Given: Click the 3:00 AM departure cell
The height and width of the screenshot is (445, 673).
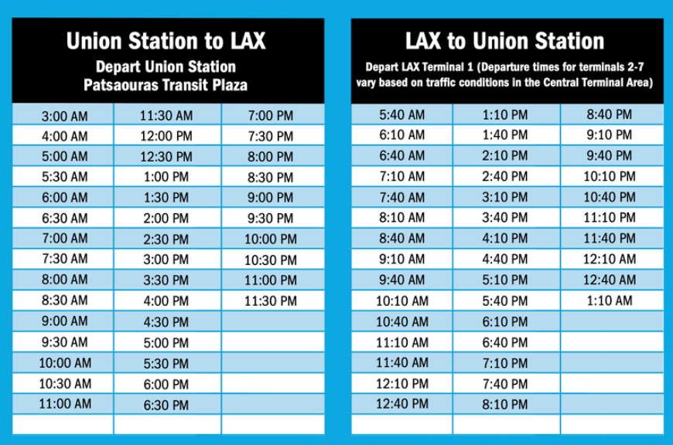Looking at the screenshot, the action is (x=64, y=116).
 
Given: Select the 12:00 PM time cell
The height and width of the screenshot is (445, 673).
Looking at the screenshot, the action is (x=166, y=136).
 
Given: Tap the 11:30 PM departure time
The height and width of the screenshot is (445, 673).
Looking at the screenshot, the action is (x=271, y=301).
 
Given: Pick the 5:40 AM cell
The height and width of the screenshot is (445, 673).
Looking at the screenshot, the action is (x=401, y=115).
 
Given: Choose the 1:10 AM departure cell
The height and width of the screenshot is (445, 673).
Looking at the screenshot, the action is (x=610, y=301).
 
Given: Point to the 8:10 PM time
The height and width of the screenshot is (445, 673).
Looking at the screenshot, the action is (x=504, y=404).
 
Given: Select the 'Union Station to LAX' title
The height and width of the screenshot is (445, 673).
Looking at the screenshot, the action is (x=166, y=41).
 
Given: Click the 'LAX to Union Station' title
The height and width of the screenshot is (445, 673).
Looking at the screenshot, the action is (x=504, y=41).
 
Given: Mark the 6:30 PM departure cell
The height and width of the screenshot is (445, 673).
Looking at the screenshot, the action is (x=166, y=405).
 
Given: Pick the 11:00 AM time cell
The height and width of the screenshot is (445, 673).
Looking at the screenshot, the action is (x=65, y=404).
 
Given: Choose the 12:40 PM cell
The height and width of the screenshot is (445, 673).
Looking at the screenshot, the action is (x=402, y=404).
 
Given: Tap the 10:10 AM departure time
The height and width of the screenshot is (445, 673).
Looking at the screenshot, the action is (x=402, y=301).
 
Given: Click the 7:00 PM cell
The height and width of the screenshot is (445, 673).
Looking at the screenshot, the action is (x=271, y=116).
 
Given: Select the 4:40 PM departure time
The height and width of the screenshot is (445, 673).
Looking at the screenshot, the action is (x=504, y=259).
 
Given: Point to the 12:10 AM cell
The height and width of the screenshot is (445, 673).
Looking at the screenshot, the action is (x=610, y=259).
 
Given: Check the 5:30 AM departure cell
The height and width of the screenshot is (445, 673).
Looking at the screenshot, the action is (x=64, y=177).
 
